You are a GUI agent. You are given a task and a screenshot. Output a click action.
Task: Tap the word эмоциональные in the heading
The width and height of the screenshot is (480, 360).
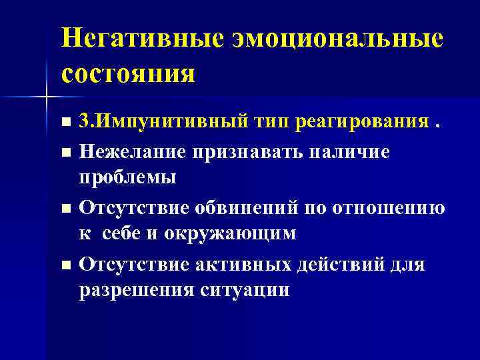coord(337,38)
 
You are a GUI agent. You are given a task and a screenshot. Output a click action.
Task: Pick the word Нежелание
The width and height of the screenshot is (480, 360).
coord(132,151)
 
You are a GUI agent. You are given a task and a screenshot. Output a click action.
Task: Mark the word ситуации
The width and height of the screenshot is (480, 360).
coord(246,290)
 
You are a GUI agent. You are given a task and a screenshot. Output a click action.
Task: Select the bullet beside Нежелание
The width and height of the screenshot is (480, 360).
coord(65,153)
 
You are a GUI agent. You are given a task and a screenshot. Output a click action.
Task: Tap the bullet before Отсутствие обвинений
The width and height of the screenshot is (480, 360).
coord(65,209)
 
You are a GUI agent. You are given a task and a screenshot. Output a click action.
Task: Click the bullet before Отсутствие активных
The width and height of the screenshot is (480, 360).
coord(65,265)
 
